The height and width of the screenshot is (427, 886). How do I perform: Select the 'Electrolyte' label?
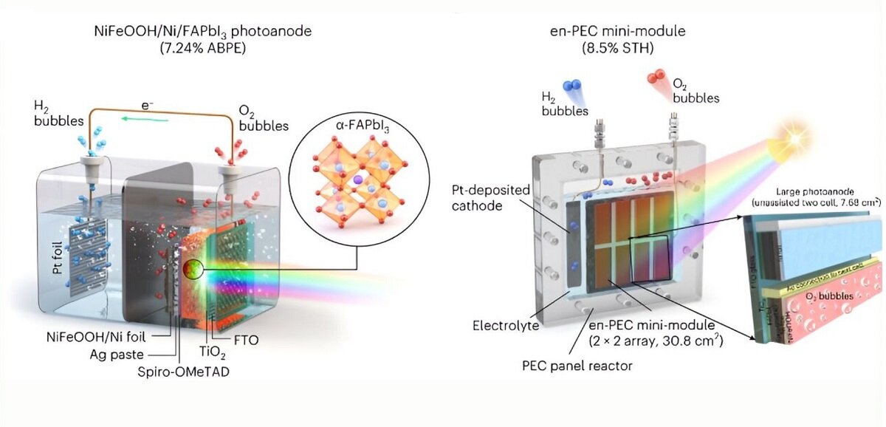[505, 324]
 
